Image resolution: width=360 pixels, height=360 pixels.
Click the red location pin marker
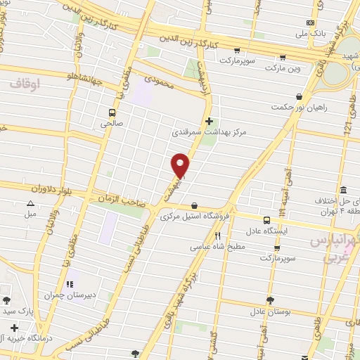(181, 165)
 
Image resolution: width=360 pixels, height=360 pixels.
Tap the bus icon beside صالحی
(112, 112)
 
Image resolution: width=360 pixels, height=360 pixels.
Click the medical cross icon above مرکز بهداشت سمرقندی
(209, 120)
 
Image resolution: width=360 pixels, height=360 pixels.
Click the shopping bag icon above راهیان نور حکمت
(300, 96)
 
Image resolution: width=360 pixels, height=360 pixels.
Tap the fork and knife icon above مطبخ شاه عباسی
(217, 236)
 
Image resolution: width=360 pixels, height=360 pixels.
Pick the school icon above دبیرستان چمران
(70, 284)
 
